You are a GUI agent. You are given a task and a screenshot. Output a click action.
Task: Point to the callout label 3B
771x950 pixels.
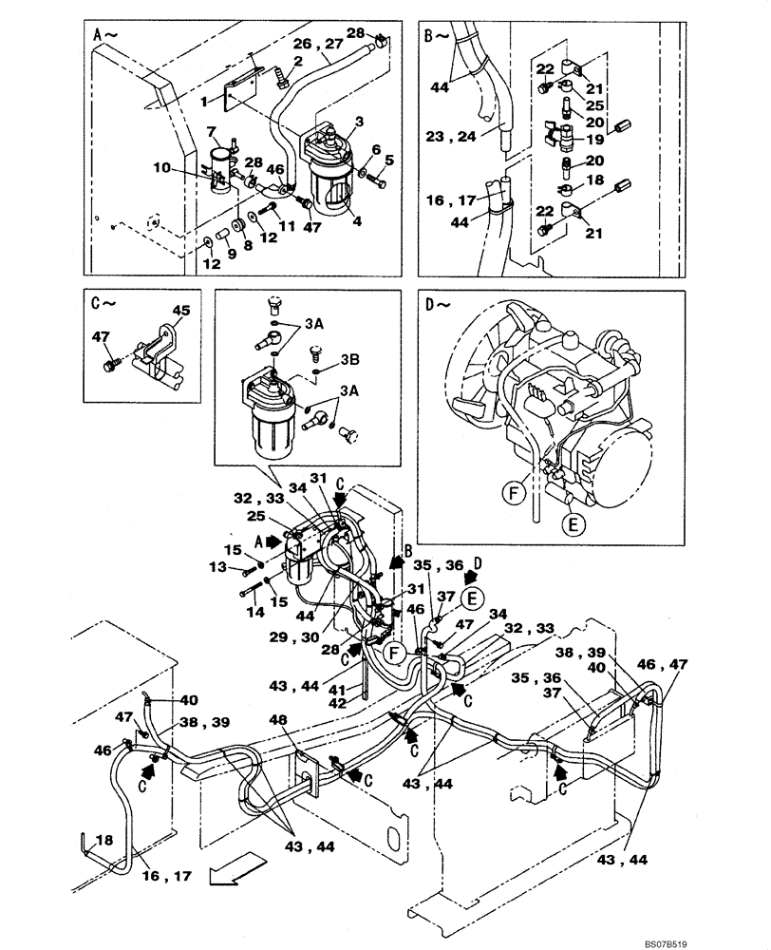tap(348, 361)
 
